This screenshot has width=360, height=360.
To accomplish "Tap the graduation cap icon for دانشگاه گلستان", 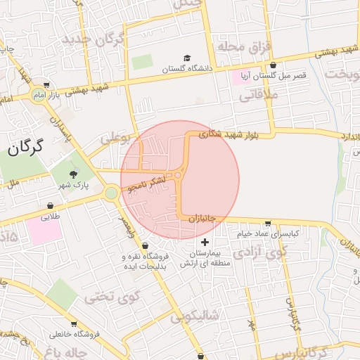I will pyautogui.click(x=187, y=58).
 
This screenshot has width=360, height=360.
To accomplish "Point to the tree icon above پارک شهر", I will pyautogui.click(x=73, y=173).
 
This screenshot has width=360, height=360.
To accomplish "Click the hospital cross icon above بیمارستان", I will pyautogui.click(x=205, y=242).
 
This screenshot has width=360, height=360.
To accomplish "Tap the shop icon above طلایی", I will pyautogui.click(x=50, y=206).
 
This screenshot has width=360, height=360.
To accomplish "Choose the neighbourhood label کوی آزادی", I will pyautogui.click(x=261, y=251).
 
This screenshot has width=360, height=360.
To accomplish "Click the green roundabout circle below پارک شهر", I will pyautogui.click(x=111, y=193).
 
